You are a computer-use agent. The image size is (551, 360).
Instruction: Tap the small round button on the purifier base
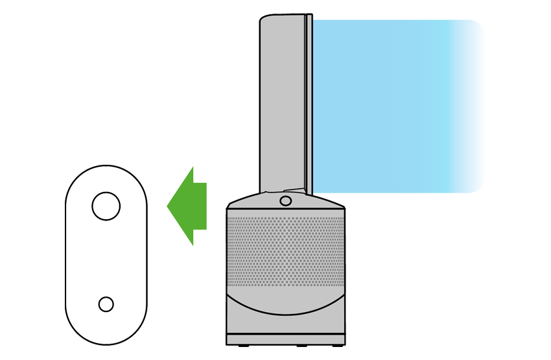click(x=285, y=200)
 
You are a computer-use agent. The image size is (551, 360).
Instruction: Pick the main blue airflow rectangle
click(x=395, y=104)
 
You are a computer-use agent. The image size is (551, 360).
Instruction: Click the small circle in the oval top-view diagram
click(x=106, y=304)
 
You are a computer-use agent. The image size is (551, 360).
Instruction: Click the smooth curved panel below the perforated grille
click(x=285, y=318)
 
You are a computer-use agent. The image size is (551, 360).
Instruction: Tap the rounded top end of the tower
click(x=280, y=19)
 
